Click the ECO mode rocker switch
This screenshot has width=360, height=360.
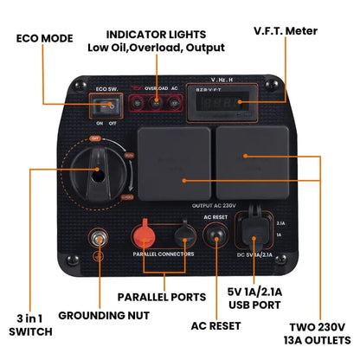tap(108, 108)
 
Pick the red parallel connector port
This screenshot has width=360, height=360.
tap(145, 235)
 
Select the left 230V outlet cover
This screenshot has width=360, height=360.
tap(173, 164)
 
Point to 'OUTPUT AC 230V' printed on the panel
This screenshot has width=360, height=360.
tap(211, 205)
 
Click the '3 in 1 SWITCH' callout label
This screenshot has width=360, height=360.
tap(29, 324)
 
